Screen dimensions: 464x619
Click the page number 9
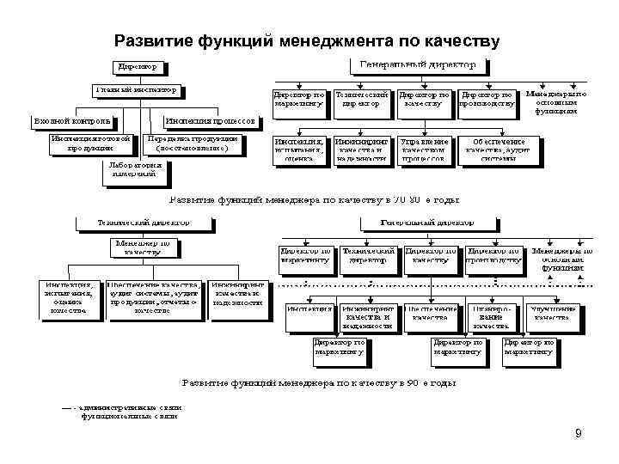coord(579,432)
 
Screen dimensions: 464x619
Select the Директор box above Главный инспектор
coord(138,66)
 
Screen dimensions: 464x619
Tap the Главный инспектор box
coord(139,89)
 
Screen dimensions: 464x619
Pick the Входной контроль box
coord(72,121)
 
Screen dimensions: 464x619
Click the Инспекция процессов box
coord(210,121)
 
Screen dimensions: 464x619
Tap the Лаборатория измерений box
coord(132,170)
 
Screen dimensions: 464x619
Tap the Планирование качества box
coord(489,316)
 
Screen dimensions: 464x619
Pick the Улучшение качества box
coord(551,313)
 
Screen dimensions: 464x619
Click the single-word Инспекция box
coord(309,308)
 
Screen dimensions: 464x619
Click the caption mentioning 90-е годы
coord(316,382)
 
